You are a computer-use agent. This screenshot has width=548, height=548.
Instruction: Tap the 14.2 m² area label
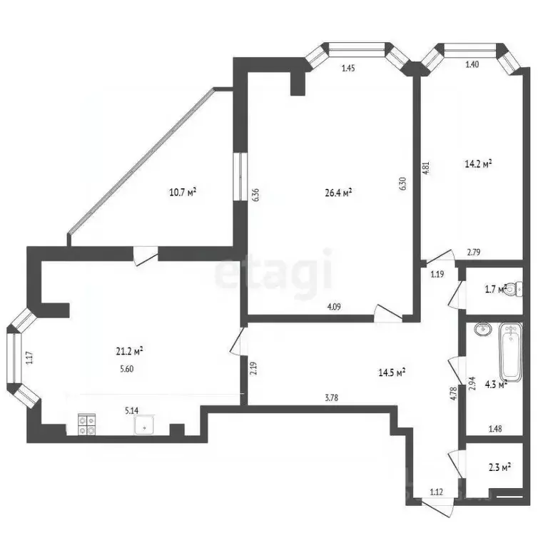click(479, 163)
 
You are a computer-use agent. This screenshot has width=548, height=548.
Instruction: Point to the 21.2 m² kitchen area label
click(130, 350)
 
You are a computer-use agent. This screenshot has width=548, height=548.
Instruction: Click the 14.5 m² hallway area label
click(392, 372)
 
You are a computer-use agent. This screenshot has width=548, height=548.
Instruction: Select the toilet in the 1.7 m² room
click(518, 289)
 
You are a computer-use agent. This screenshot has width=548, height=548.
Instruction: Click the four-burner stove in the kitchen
click(87, 425)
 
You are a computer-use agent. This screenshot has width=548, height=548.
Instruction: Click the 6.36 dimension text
click(255, 196)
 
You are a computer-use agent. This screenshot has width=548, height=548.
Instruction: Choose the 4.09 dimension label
click(333, 307)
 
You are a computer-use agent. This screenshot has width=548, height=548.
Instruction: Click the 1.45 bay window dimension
click(348, 68)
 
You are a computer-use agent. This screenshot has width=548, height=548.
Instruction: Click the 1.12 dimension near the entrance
click(437, 492)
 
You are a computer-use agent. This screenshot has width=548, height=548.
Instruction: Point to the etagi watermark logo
click(275, 272)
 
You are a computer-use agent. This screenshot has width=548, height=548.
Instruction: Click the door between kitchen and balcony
click(145, 254)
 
